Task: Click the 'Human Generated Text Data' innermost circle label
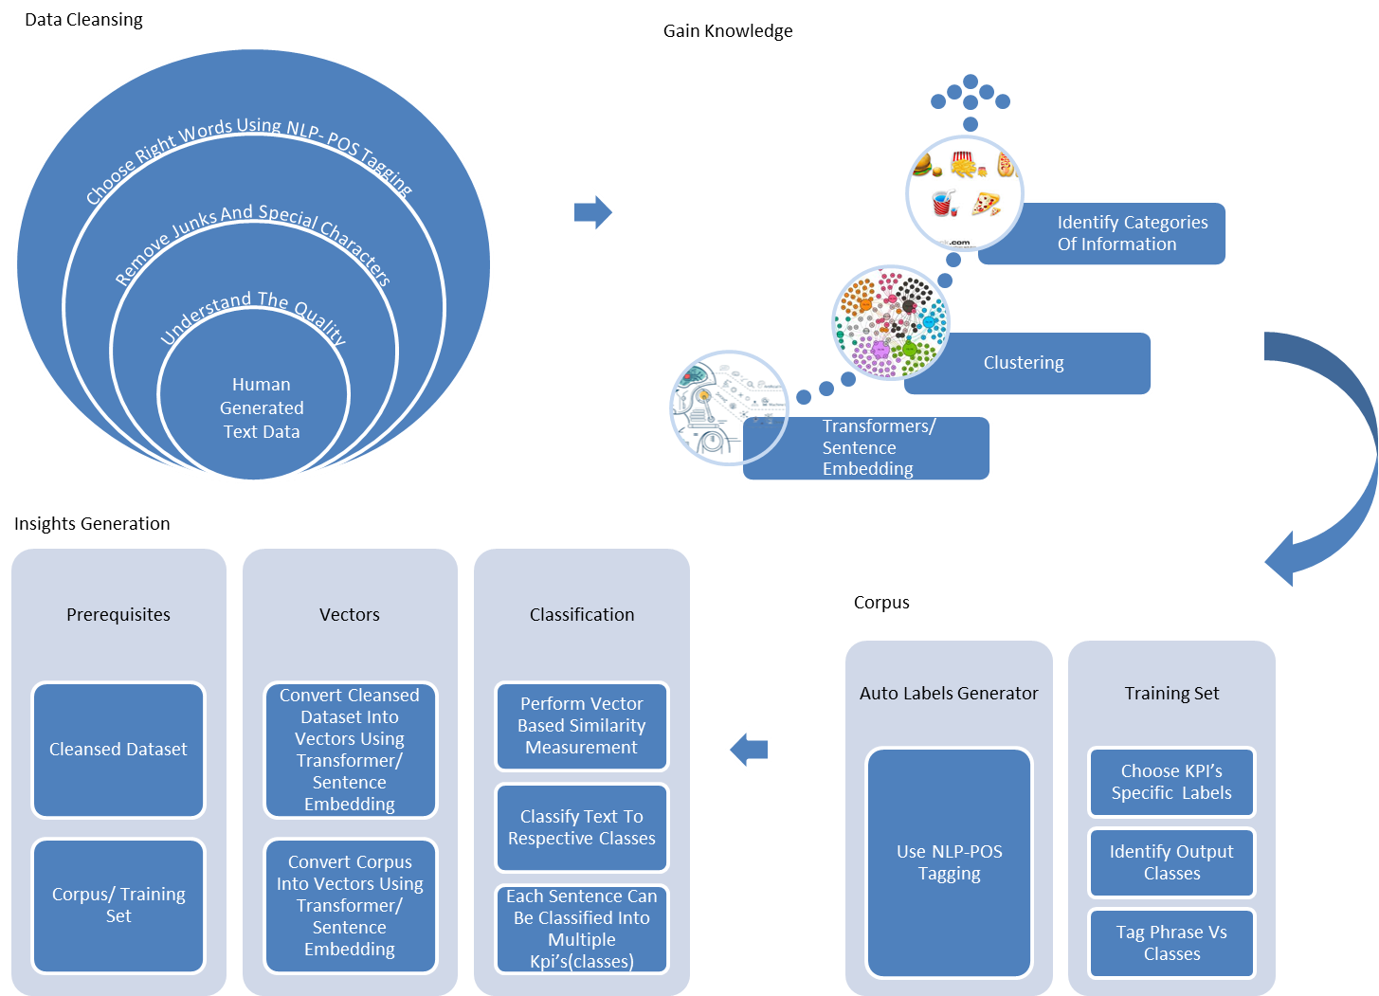pos(262,408)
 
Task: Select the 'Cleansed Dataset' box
pos(118,750)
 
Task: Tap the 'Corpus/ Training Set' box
pos(118,905)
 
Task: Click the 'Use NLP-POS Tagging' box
pos(949,862)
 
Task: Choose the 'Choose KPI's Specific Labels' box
pos(1171,782)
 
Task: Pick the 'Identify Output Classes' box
pos(1171,862)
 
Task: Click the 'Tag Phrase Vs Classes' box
pos(1171,943)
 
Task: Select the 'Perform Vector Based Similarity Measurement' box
pos(582,726)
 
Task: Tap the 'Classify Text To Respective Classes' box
pos(582,827)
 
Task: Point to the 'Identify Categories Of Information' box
pos(1128,233)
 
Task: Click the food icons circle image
pos(964,192)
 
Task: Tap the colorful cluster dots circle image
pos(890,322)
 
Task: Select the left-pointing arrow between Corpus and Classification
pos(748,750)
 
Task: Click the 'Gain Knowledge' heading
pos(728,31)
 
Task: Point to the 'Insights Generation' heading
pos(92,524)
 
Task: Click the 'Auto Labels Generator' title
pos(949,694)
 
